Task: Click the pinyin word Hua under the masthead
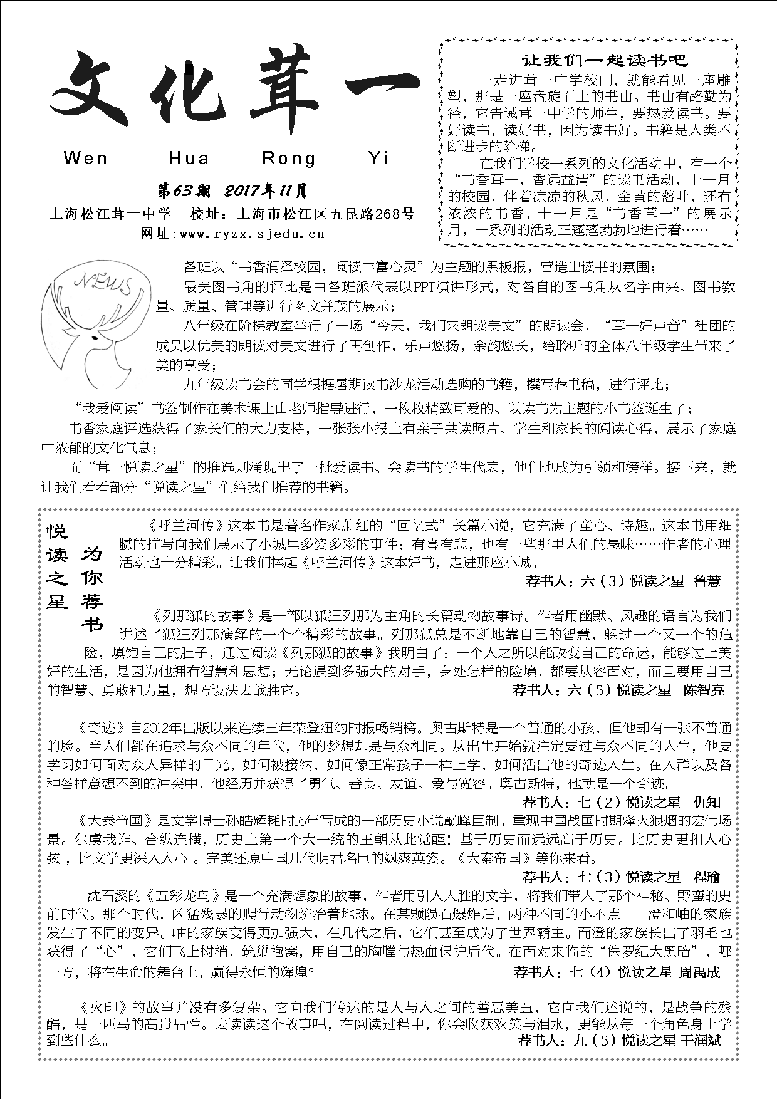pos(189,158)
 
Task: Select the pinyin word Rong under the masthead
pos(289,158)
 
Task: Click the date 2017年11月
pos(266,190)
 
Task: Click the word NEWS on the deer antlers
pos(103,283)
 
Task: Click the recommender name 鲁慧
pos(707,581)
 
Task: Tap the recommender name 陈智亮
pos(704,690)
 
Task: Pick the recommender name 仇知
pos(707,803)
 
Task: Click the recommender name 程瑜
pos(707,877)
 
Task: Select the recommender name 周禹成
pos(700,972)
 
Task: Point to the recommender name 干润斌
pos(701,1041)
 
